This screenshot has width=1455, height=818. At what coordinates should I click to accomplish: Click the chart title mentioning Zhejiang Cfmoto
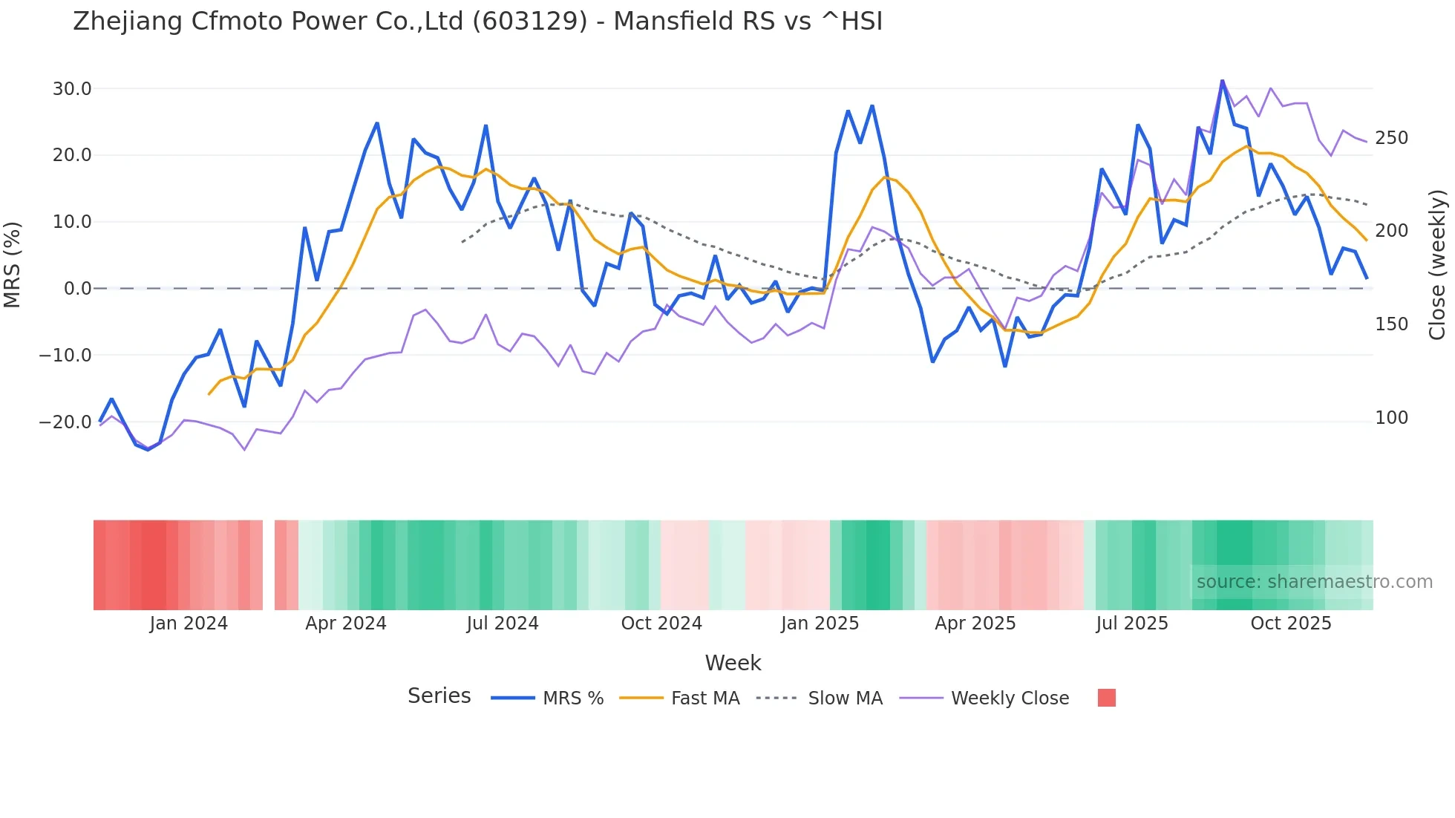point(477,22)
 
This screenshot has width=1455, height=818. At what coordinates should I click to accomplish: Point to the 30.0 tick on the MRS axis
point(72,89)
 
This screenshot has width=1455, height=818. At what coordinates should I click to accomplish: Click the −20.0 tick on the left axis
point(65,422)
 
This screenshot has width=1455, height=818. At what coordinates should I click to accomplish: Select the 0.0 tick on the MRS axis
point(77,289)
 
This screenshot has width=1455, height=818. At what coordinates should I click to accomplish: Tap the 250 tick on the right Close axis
point(1391,138)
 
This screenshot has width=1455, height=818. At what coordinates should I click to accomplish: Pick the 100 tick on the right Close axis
point(1391,418)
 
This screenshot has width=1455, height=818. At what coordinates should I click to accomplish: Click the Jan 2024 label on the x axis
point(189,624)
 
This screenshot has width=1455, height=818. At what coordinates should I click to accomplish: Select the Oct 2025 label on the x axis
point(1291,624)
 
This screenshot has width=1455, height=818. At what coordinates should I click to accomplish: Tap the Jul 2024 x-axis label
point(503,624)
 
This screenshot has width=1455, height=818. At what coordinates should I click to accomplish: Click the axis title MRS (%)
point(13,264)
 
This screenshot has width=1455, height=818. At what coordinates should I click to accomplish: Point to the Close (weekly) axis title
point(1438,264)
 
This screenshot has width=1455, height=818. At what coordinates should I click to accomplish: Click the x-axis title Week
point(733,663)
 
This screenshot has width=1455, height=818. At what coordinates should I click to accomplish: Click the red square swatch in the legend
point(1106,698)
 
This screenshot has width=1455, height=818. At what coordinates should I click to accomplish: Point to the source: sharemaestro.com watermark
point(1314,582)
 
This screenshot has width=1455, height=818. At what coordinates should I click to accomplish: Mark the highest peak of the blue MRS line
point(1222,81)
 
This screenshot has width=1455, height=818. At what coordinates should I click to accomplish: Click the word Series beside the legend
point(439,696)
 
